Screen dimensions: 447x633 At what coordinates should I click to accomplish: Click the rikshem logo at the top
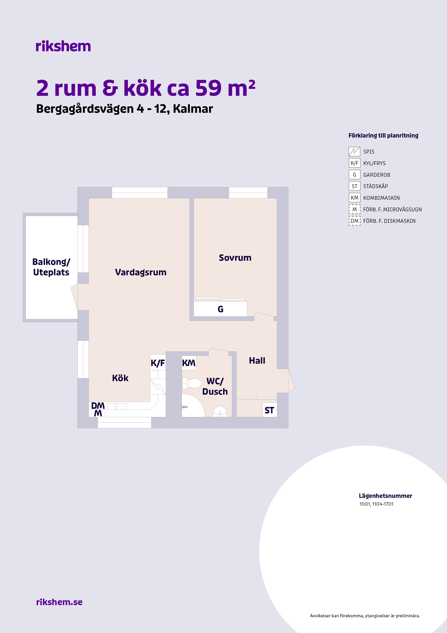[x=63, y=46]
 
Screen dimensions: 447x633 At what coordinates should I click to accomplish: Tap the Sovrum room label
[x=235, y=258]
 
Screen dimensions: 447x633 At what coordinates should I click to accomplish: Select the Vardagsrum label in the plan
[x=141, y=272]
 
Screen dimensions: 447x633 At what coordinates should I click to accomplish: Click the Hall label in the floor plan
[x=257, y=361]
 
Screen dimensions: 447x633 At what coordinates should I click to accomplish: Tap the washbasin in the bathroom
[x=220, y=411]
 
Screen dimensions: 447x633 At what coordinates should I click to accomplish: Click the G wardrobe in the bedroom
[x=220, y=309]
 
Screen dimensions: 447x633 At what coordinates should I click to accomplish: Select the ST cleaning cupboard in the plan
[x=269, y=410]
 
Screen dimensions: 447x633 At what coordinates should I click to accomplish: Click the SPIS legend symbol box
[x=354, y=152]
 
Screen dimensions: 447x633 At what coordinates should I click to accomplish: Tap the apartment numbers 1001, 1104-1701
[x=377, y=504]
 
